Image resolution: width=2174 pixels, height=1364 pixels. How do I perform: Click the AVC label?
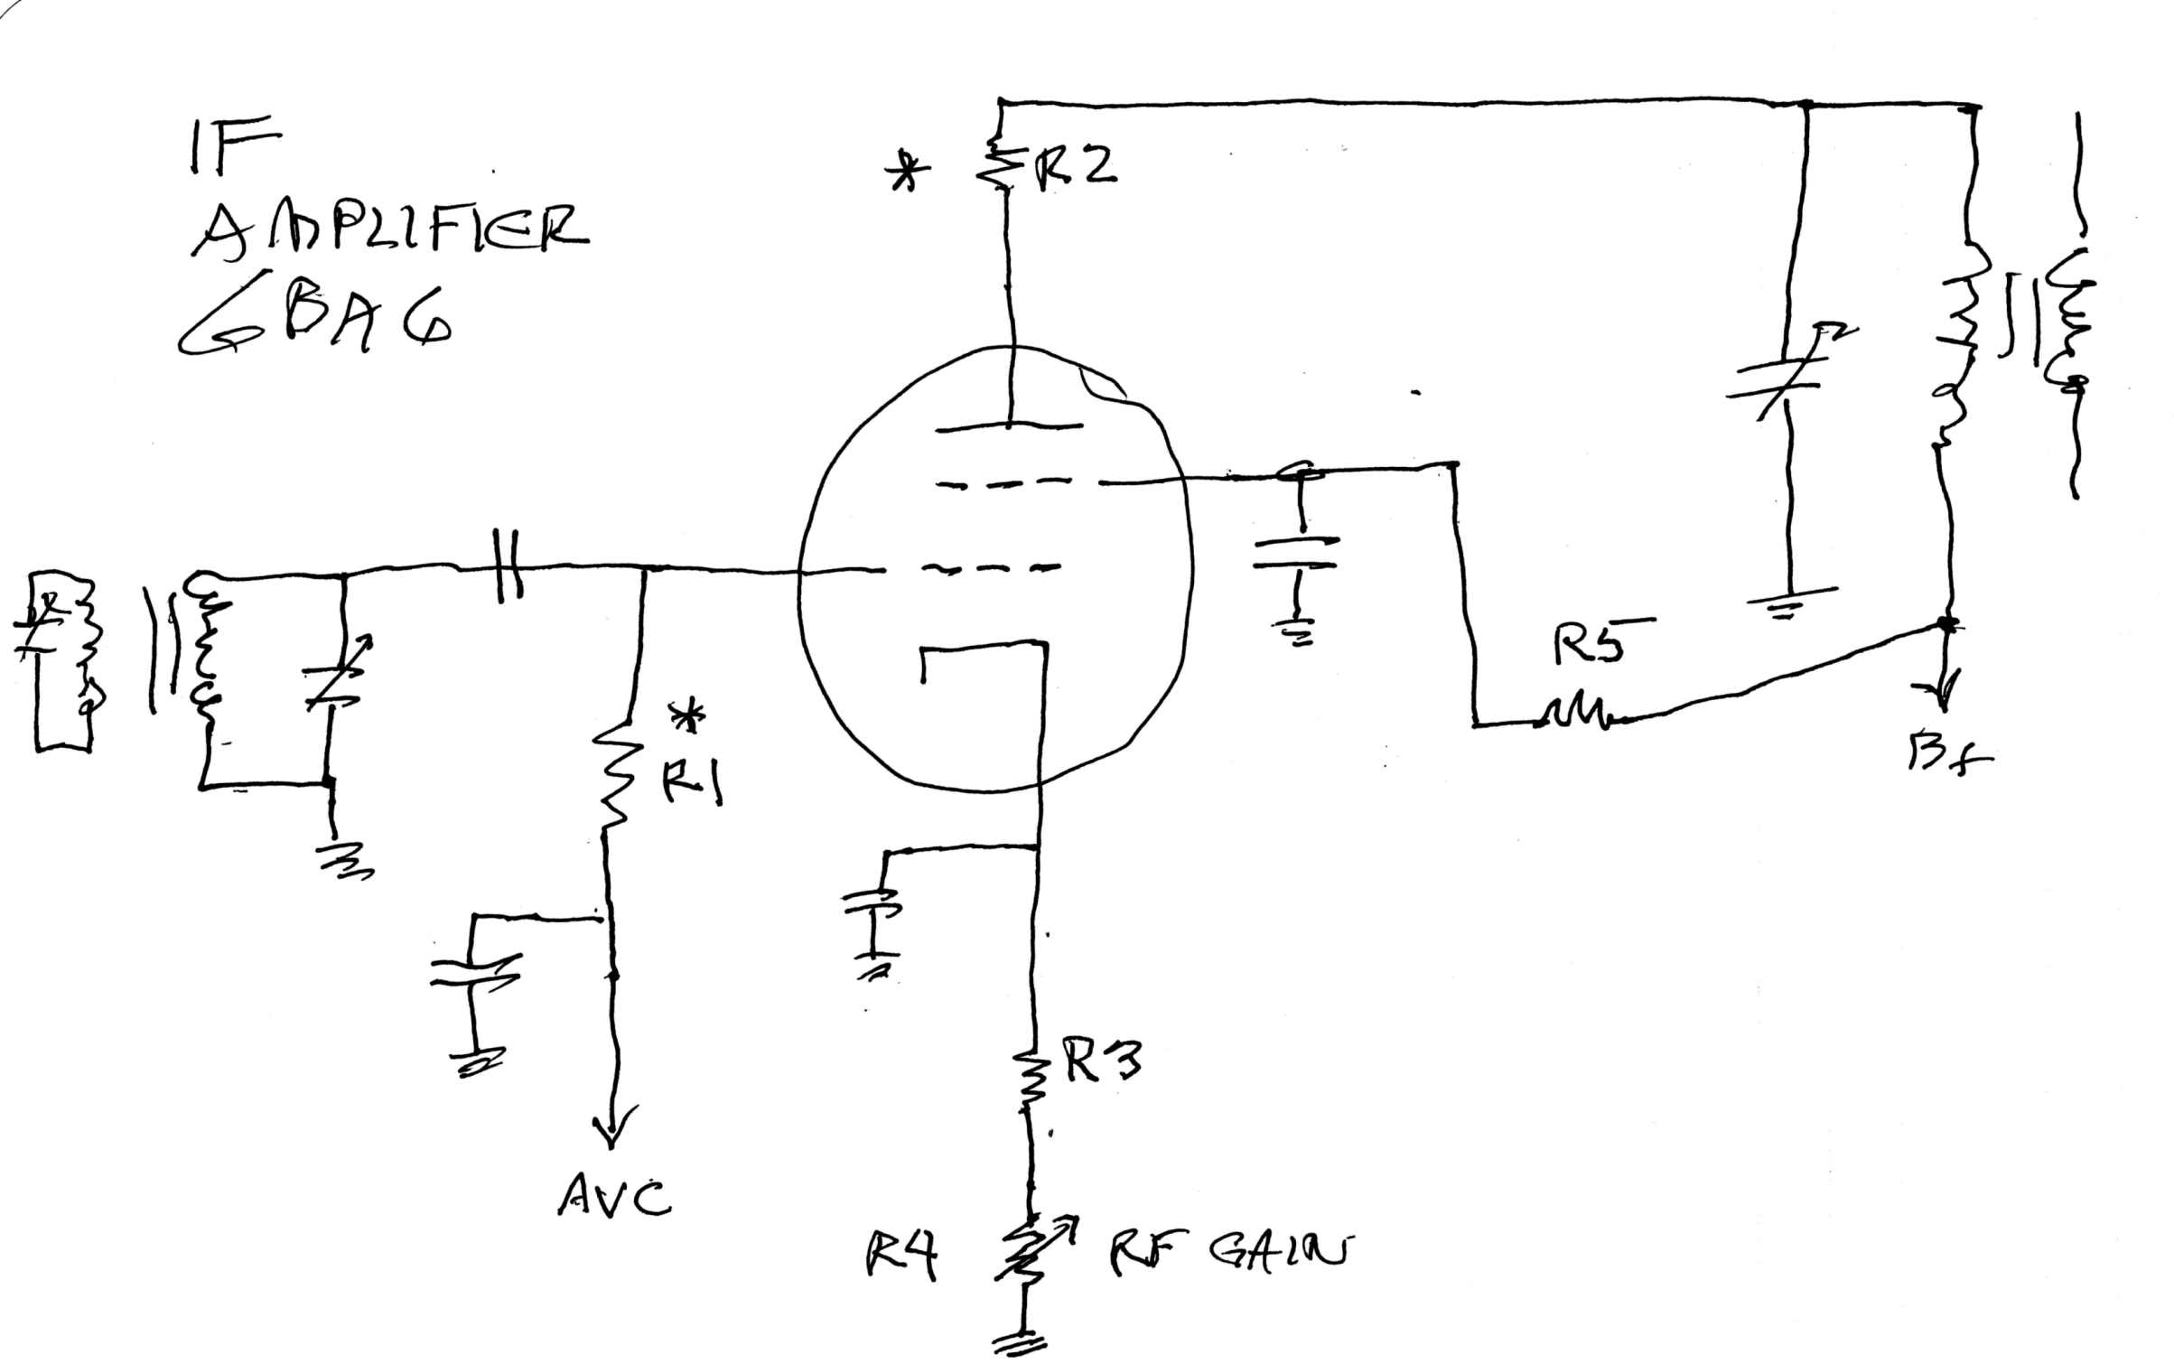614,1197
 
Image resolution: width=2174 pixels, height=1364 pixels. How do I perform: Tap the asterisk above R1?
690,716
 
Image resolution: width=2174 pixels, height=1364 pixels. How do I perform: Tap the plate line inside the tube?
1009,426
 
